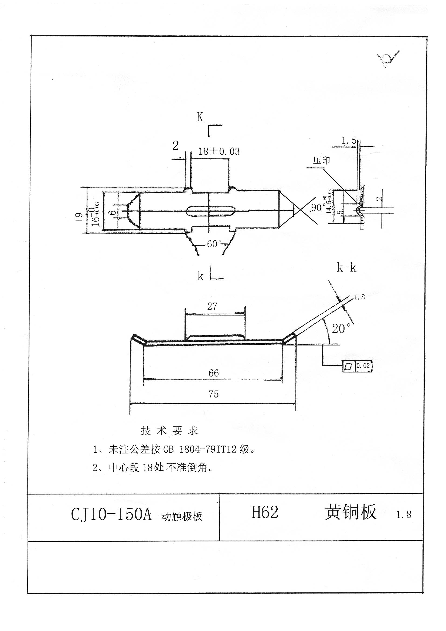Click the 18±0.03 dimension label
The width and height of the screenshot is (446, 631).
click(x=219, y=151)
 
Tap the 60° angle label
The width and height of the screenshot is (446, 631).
click(x=214, y=244)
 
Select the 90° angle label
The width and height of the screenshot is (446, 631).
click(x=317, y=207)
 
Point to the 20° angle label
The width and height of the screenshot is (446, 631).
click(x=341, y=329)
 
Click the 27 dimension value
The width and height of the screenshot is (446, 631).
click(x=212, y=306)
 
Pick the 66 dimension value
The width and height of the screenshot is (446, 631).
click(x=213, y=373)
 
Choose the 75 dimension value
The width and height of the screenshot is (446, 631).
click(x=213, y=394)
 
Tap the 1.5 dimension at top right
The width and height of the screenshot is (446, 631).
click(x=349, y=141)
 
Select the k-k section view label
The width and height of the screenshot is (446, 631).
click(x=346, y=268)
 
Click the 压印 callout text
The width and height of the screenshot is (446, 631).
click(x=321, y=161)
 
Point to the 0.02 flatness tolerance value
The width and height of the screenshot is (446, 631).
click(x=363, y=366)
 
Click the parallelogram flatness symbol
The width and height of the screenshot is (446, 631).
click(x=348, y=366)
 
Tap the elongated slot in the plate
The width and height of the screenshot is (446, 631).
click(x=211, y=211)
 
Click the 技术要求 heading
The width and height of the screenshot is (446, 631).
click(x=169, y=431)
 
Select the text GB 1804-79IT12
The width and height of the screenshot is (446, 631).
click(x=200, y=449)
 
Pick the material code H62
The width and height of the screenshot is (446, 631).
click(x=265, y=512)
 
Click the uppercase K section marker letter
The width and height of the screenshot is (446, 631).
click(x=200, y=117)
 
